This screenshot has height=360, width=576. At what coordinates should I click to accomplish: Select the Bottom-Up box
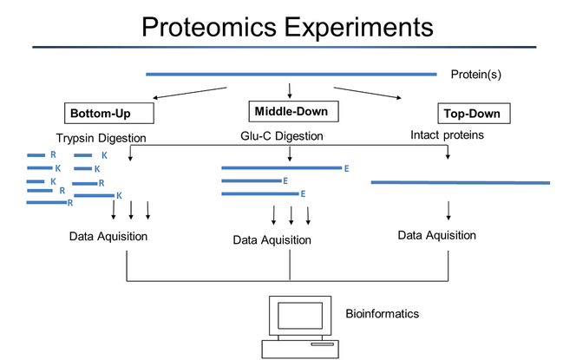(x=109, y=114)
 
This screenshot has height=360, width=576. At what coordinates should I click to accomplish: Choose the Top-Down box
(x=474, y=114)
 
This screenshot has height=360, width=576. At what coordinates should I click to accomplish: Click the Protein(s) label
(x=476, y=75)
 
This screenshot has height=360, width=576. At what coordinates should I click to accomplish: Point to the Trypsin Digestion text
(x=101, y=138)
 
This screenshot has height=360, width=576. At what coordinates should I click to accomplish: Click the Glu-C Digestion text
(x=282, y=136)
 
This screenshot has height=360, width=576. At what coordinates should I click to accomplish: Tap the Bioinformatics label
(x=383, y=312)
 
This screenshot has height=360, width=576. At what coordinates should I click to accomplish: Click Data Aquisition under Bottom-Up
(x=108, y=236)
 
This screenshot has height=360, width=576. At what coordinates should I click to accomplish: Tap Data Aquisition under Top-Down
(x=436, y=235)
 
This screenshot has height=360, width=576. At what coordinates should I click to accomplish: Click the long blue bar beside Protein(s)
(x=291, y=75)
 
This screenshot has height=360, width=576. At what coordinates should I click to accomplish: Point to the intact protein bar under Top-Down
(x=460, y=182)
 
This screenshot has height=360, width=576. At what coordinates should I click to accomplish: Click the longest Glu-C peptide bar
(x=281, y=167)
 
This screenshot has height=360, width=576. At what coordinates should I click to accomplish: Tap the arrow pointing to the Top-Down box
(x=368, y=93)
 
